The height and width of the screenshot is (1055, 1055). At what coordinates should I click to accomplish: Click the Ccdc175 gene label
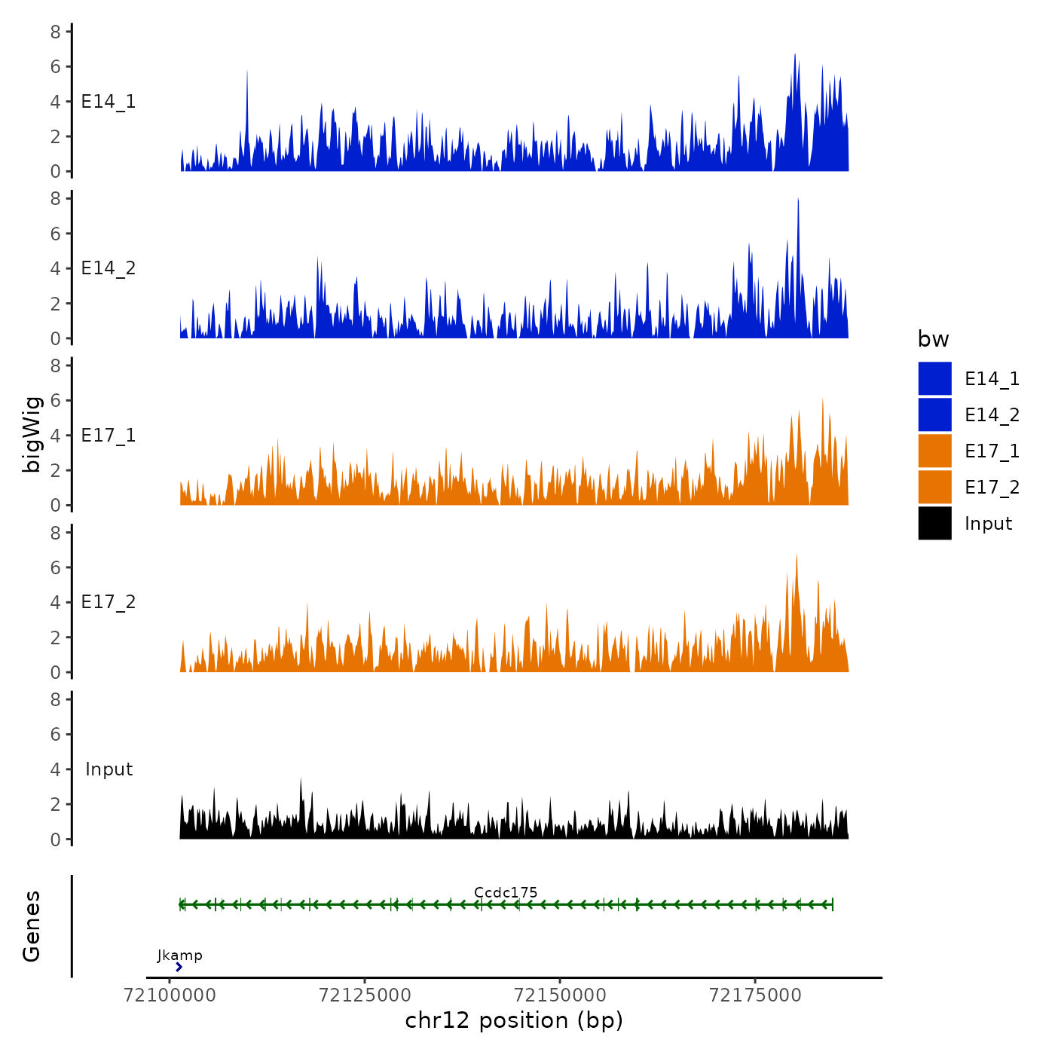[x=506, y=892]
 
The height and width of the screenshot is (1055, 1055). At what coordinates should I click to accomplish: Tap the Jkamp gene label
[x=179, y=956]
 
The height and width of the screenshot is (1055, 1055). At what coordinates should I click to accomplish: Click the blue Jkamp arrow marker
[x=179, y=967]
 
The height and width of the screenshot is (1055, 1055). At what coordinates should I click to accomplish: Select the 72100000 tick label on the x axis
[x=170, y=995]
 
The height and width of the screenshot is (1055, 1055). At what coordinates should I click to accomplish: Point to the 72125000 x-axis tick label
[x=365, y=995]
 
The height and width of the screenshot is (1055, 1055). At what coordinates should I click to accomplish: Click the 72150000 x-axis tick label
[x=560, y=995]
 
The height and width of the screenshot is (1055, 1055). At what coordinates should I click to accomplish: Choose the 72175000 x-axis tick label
[x=755, y=995]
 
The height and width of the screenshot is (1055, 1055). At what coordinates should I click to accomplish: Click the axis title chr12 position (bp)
[x=514, y=1020]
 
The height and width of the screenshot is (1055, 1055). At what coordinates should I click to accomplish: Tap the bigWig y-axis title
[x=32, y=435]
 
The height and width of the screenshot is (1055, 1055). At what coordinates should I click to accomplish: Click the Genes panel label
[x=32, y=926]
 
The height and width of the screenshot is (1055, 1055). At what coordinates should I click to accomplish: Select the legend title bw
[x=933, y=339]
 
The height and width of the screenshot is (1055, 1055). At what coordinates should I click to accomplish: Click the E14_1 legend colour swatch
[x=934, y=378]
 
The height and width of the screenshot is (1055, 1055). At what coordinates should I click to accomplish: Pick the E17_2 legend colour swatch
[x=934, y=487]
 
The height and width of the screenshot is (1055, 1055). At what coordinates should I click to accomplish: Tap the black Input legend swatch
[x=934, y=523]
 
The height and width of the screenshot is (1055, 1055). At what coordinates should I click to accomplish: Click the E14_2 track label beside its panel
[x=109, y=268]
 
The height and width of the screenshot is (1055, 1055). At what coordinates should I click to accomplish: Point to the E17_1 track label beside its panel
[x=109, y=436]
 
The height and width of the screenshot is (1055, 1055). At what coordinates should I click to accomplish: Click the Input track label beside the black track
[x=109, y=769]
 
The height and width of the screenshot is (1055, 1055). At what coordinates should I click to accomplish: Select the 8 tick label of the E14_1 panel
[x=56, y=32]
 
